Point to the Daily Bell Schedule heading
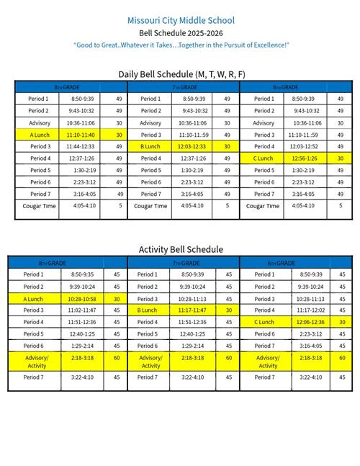[x=181, y=74]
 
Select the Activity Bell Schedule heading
[x=181, y=249]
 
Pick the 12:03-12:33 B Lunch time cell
[x=193, y=146]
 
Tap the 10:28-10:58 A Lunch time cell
[x=81, y=298]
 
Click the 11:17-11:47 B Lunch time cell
[x=193, y=310]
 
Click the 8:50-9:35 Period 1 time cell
[x=81, y=274]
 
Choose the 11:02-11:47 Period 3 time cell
[x=81, y=310]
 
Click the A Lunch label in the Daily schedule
[x=38, y=135]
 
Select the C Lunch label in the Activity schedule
[x=265, y=322]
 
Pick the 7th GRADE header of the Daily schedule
[x=184, y=86]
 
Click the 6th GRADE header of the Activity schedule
[x=296, y=263]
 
